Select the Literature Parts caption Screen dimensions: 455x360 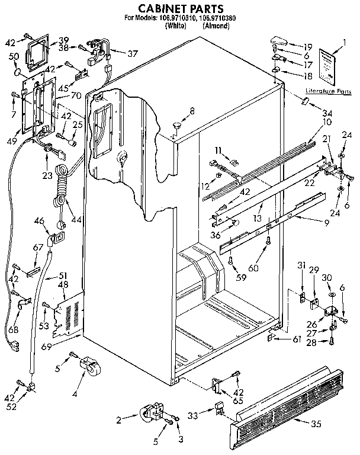327,92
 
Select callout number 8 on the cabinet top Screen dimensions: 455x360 192,110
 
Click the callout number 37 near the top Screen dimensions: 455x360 134,53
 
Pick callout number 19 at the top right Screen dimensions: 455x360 308,46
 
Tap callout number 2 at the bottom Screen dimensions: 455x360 118,420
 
